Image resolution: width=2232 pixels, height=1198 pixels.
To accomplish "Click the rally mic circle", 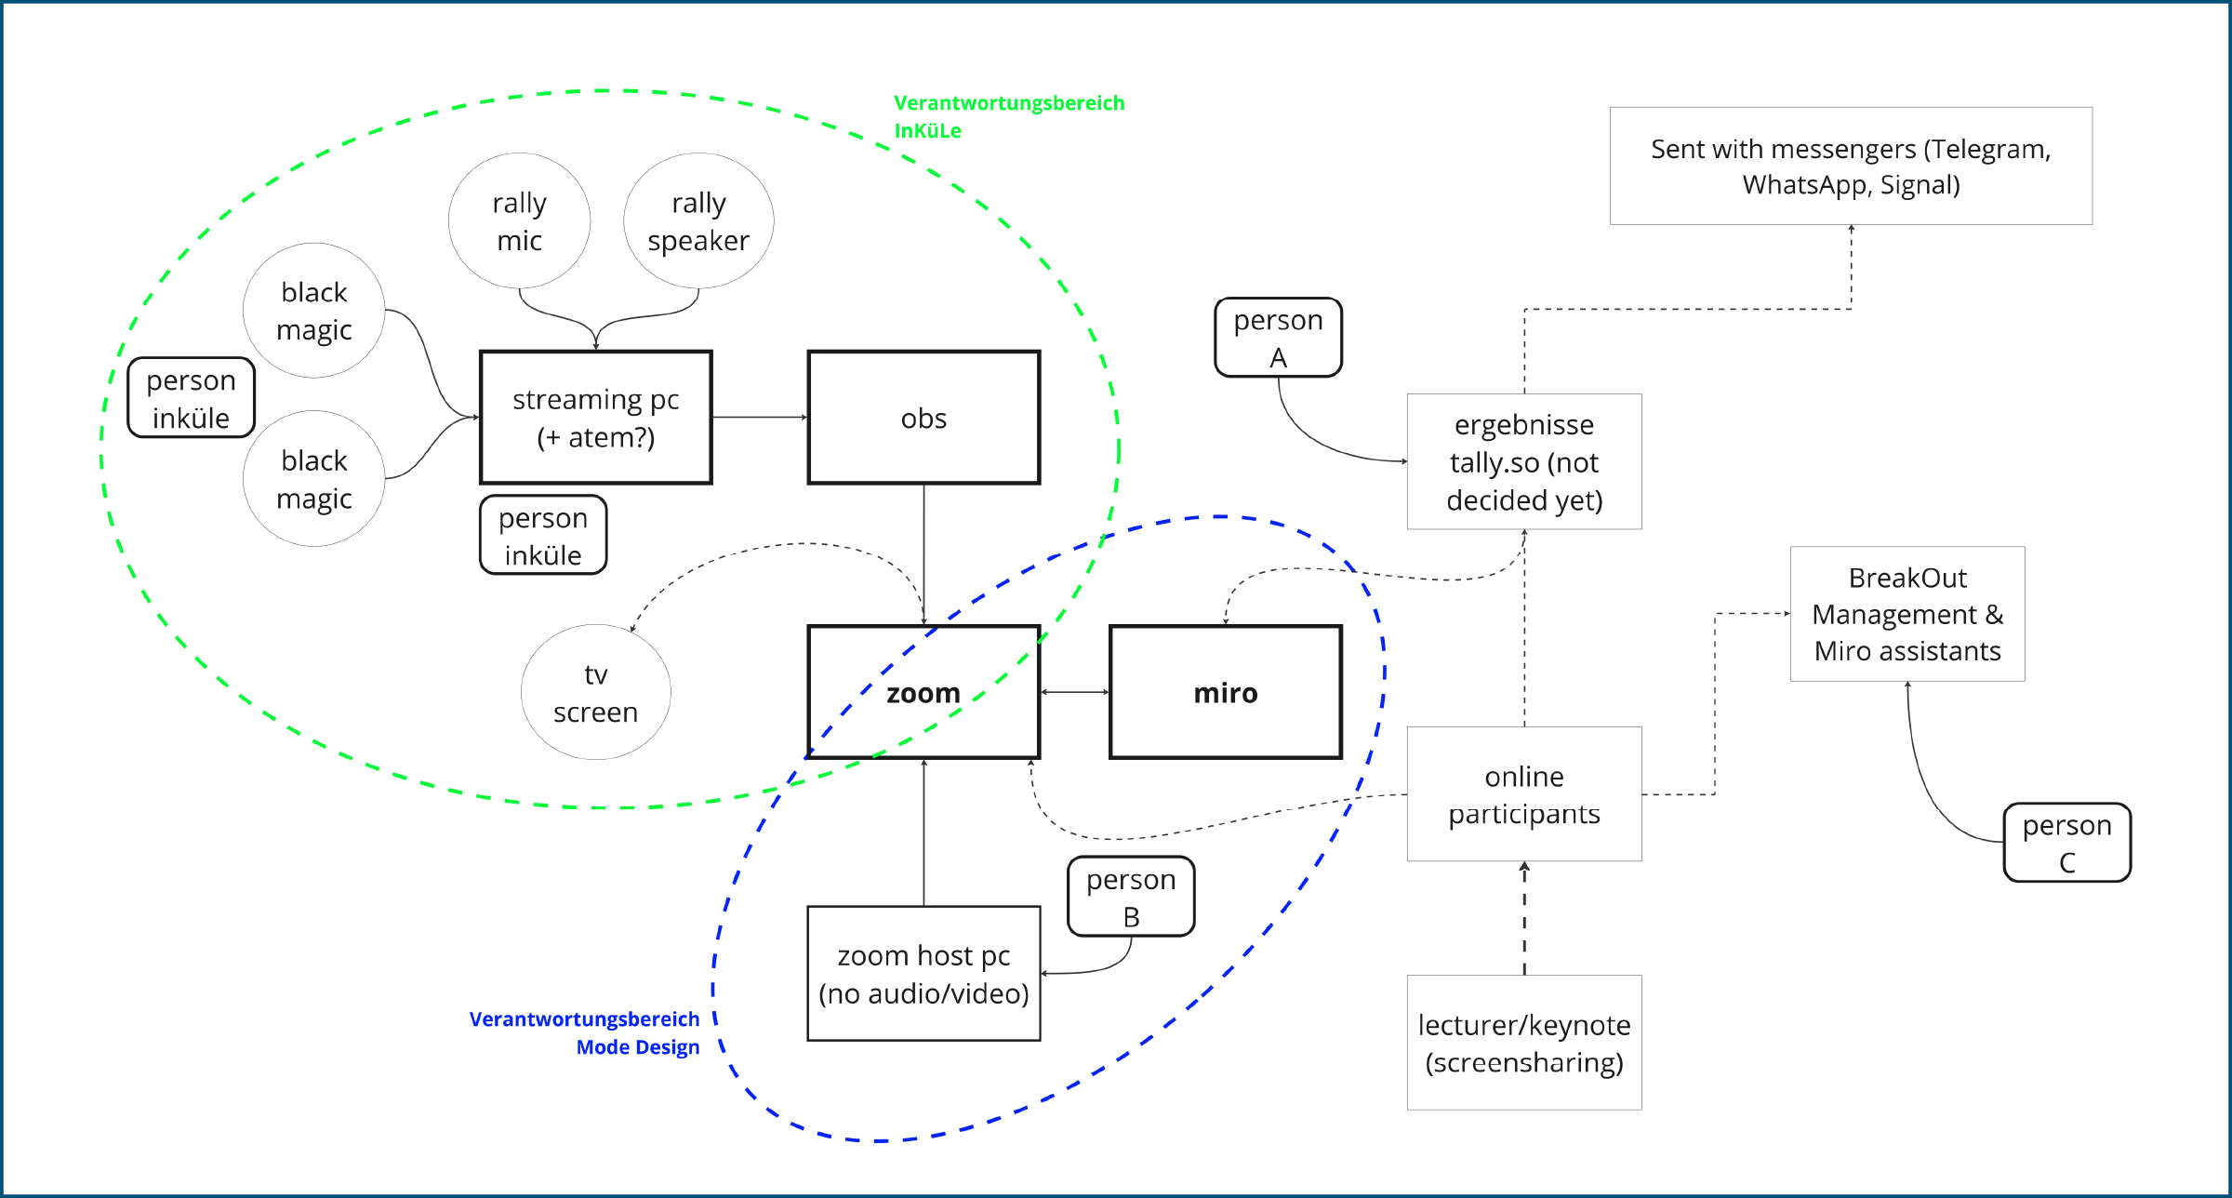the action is click(x=519, y=221).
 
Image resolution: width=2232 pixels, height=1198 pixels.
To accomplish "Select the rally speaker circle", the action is click(x=698, y=221).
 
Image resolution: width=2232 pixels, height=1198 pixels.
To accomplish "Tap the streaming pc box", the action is click(x=596, y=418).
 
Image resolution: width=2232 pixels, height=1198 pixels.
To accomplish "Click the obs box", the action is click(x=923, y=418).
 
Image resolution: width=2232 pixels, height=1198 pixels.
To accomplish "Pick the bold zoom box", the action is click(x=923, y=692).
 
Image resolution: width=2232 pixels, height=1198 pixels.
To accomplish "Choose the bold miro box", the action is click(x=1226, y=692).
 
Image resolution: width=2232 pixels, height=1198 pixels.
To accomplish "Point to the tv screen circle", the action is click(x=596, y=692).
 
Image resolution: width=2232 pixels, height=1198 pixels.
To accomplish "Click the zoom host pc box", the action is click(x=923, y=974).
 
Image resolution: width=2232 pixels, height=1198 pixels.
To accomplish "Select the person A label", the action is click(x=1279, y=338).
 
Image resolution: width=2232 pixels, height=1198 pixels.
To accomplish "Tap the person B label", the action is click(x=1131, y=897).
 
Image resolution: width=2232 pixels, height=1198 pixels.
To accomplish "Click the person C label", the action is click(x=2067, y=843).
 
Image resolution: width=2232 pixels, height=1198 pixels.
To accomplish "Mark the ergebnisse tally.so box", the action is click(x=1524, y=461).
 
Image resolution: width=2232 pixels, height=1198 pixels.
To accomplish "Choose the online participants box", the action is click(x=1524, y=794).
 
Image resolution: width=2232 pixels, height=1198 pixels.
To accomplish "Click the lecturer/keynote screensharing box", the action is click(x=1524, y=1043).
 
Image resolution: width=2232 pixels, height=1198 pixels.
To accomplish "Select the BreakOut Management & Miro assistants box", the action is click(x=1907, y=614).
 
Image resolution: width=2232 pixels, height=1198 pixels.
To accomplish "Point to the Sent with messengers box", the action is click(x=1851, y=166).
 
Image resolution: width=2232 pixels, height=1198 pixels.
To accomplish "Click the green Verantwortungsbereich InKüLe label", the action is click(x=1009, y=116).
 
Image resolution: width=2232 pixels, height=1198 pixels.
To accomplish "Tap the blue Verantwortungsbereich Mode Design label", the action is click(x=584, y=1032).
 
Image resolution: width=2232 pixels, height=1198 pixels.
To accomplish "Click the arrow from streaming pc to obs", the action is click(x=761, y=418).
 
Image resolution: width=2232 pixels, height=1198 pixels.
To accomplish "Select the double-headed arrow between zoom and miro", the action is click(x=1075, y=692).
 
